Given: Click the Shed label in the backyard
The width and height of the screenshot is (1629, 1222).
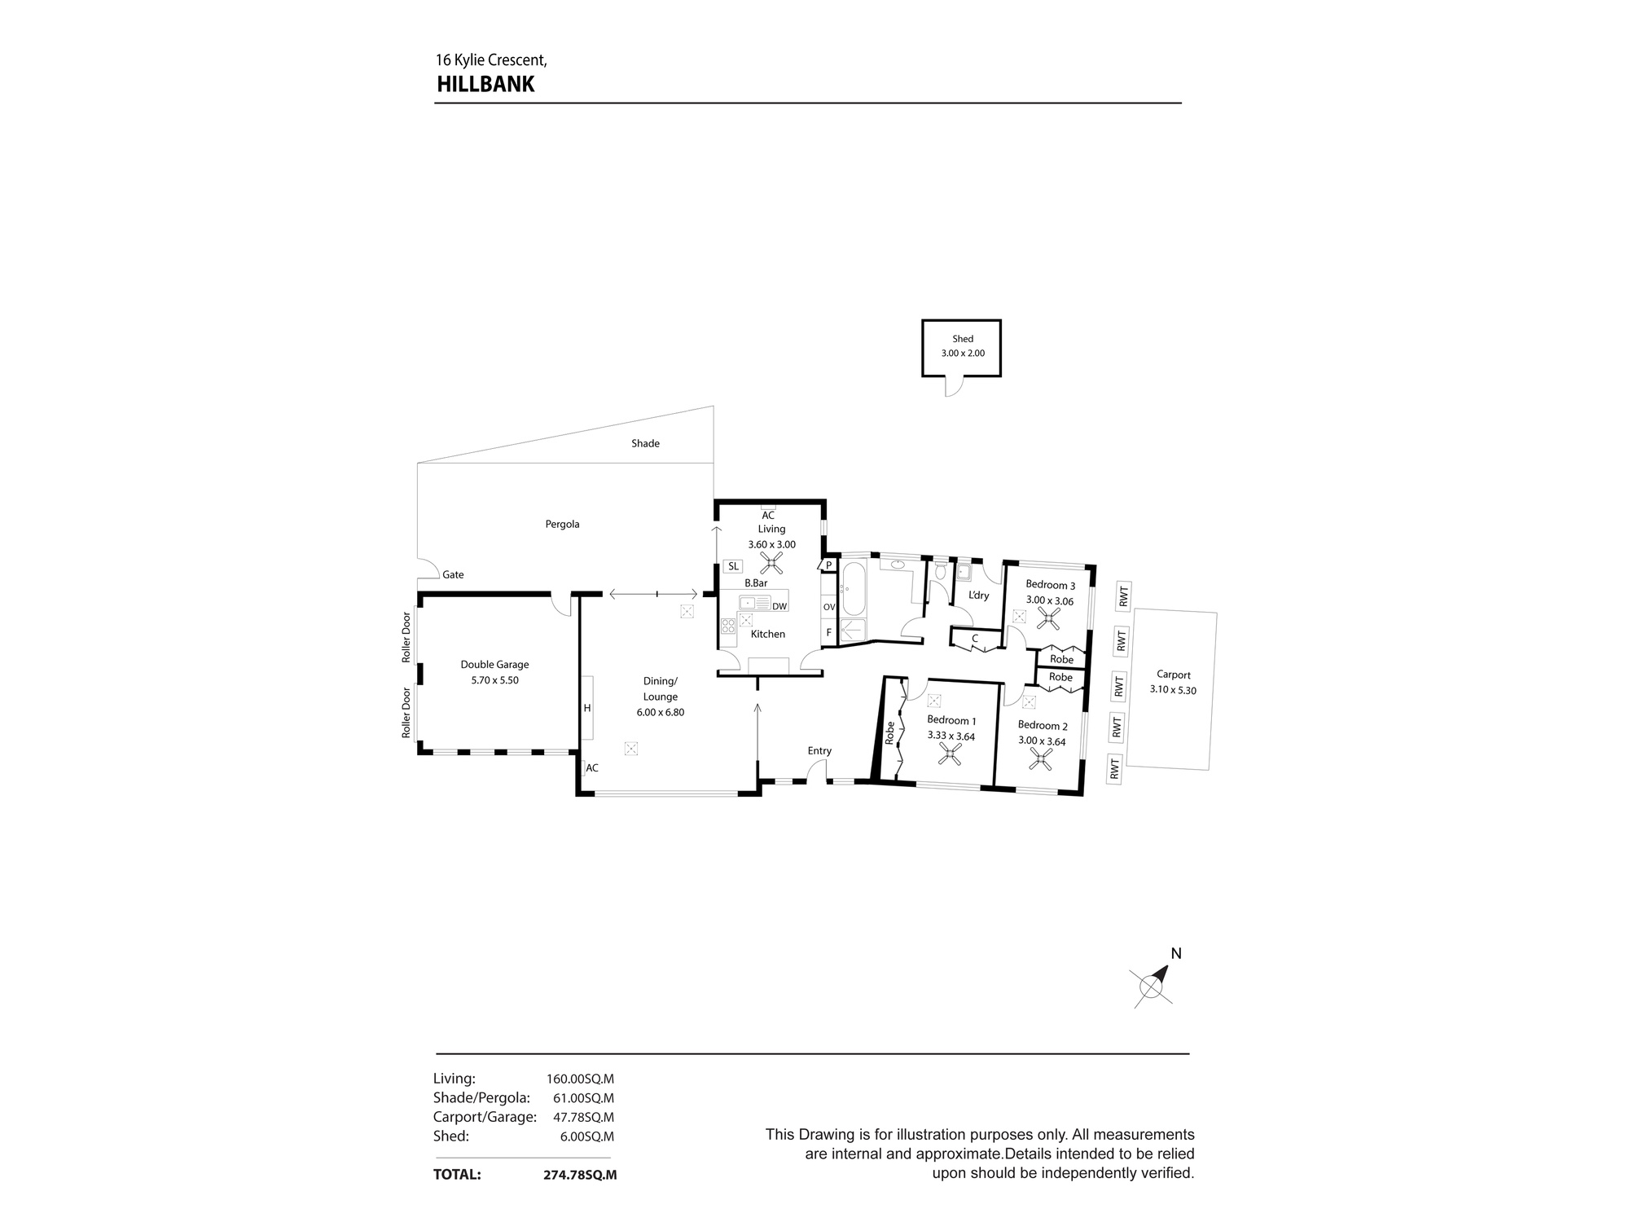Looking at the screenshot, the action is [x=963, y=339].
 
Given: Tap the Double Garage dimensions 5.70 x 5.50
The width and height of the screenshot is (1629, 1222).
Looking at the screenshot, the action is [x=494, y=680].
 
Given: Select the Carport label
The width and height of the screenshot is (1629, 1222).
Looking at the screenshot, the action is [x=1174, y=675].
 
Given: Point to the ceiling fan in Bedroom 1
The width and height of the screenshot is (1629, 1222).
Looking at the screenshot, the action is [x=950, y=757].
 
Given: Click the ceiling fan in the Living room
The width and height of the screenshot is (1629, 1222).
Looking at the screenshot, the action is [x=771, y=562].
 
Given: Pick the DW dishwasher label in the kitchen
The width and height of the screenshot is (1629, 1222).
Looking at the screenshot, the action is [x=779, y=606].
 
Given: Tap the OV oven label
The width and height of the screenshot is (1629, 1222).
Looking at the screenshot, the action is [x=829, y=607].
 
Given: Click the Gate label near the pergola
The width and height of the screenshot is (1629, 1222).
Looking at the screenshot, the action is [x=453, y=575].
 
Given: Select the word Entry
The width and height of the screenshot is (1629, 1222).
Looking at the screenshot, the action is [x=819, y=751].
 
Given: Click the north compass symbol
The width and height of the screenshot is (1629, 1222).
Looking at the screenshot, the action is [x=1152, y=985].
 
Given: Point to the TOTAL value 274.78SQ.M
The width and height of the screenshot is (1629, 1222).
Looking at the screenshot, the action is [x=580, y=1175].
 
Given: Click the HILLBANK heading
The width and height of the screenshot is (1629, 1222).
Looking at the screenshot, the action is [x=485, y=85].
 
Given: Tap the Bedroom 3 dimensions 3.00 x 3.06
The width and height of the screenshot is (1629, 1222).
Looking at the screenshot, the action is [x=1050, y=600].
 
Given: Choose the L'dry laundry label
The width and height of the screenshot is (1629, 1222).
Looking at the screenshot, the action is [x=978, y=596].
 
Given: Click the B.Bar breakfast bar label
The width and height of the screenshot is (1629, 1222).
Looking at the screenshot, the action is [x=756, y=583].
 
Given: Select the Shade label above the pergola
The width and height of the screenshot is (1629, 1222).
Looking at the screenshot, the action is [x=645, y=443].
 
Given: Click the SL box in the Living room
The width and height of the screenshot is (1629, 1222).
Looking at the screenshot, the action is [x=733, y=566].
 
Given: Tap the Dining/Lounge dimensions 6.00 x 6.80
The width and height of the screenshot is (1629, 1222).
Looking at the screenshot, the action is [x=661, y=712].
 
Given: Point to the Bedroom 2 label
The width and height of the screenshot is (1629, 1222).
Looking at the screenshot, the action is [x=1043, y=726].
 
